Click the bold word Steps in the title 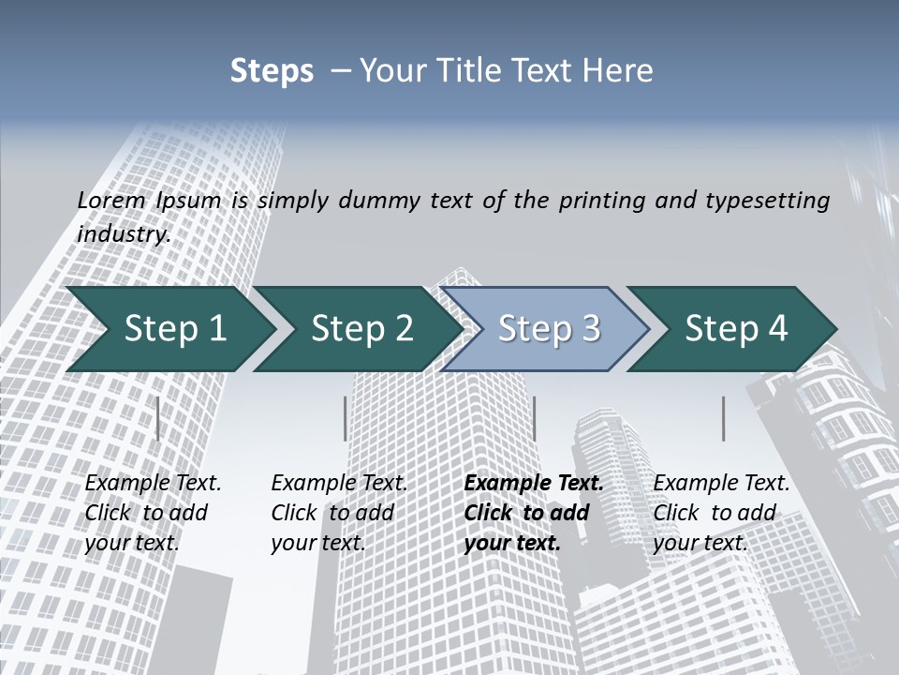pos(272,71)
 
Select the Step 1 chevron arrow pos(174,329)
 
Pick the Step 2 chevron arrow pos(361,329)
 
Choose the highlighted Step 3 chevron pos(549,329)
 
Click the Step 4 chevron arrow pos(736,329)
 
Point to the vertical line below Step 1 pos(157,418)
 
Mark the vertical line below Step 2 pos(346,418)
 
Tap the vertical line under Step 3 pos(534,418)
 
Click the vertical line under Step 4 pos(723,418)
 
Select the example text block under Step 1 pos(153,513)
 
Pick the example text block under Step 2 pos(339,513)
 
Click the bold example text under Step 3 pos(534,513)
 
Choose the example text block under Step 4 pos(721,513)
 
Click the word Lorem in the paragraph pos(111,200)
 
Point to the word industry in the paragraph pos(123,233)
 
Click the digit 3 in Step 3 pos(590,329)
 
